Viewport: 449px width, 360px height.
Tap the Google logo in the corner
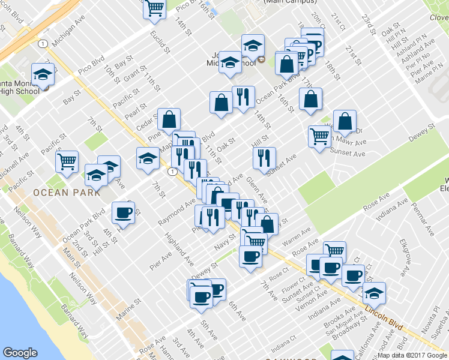(20, 353)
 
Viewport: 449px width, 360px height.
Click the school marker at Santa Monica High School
(43, 75)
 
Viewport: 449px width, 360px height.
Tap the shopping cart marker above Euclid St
(155, 8)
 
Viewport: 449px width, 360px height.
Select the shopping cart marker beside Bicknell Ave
(67, 161)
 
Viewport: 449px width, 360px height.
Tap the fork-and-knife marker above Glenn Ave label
(264, 158)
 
